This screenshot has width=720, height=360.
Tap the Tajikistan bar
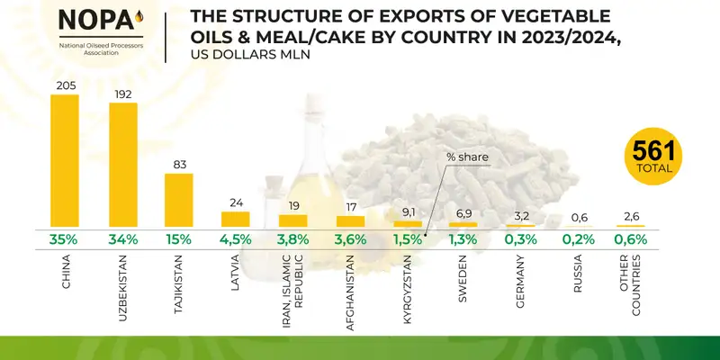(178, 199)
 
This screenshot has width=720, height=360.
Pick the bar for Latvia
(235, 219)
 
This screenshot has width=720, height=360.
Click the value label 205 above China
(64, 84)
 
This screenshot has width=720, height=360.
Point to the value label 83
(178, 163)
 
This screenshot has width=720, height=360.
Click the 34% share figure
(122, 240)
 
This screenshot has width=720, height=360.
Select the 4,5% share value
(235, 240)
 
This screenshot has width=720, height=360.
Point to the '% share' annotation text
(468, 157)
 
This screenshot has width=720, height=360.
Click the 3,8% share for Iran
(293, 240)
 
